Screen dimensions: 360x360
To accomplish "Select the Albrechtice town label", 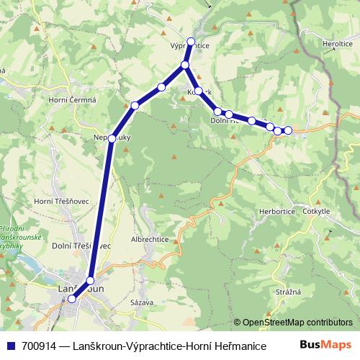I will click(x=149, y=238).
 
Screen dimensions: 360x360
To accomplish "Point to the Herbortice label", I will click(x=277, y=212).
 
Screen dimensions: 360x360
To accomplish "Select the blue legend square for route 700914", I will click(x=10, y=346).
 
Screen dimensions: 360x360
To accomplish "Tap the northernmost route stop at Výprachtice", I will click(x=191, y=42).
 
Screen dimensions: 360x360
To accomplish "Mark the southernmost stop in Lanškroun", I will click(x=71, y=299).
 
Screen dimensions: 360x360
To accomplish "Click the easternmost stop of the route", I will click(x=288, y=130).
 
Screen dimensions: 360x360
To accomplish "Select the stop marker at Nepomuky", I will click(x=112, y=138).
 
